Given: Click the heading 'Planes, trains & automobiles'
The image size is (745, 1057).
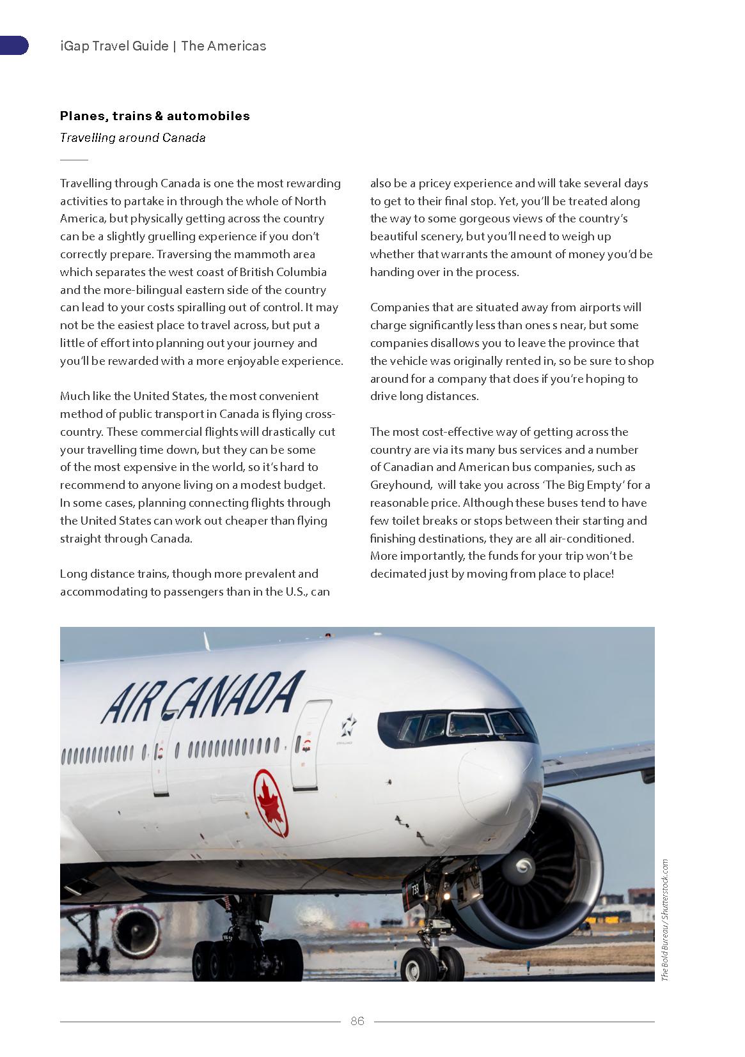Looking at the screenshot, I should [x=155, y=116].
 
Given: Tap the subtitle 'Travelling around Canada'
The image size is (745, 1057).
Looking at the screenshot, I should [x=132, y=137].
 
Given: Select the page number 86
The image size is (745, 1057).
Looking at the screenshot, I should [x=357, y=1021].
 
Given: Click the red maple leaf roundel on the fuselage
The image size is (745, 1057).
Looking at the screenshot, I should [x=271, y=803].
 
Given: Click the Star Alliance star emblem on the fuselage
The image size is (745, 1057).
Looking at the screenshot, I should [x=348, y=724].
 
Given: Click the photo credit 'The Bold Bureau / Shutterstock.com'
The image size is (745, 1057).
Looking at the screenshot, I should [x=664, y=920].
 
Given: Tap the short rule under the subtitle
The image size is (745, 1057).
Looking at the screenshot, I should [x=74, y=159].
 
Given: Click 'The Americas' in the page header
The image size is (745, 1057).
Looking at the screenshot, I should [x=223, y=46].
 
